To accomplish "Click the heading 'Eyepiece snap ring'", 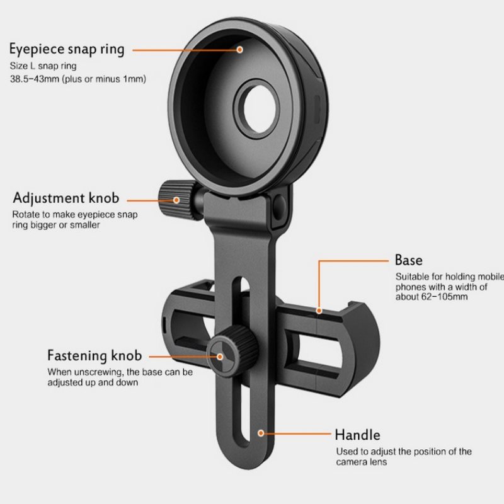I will [x=66, y=49].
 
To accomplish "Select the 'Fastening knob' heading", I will [x=94, y=356].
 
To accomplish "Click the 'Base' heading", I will [x=408, y=260].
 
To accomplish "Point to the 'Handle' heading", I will [x=357, y=435].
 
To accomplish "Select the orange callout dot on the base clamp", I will [x=319, y=310].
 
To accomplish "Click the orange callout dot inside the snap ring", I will [x=239, y=49].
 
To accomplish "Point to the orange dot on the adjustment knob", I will [x=177, y=200].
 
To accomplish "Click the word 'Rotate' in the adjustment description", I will [x=26, y=214].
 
